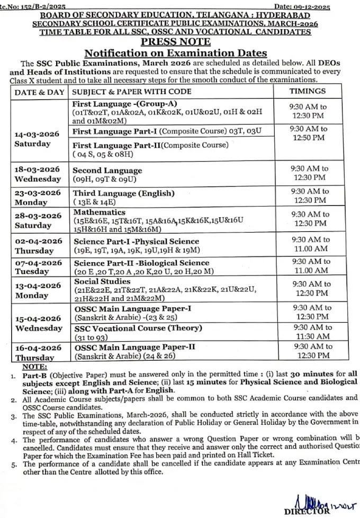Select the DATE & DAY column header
click(40, 92)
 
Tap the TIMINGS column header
click(307, 91)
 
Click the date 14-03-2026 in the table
click(37, 134)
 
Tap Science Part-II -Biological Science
click(141, 263)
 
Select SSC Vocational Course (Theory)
click(137, 328)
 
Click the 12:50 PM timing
click(309, 138)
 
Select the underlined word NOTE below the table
click(35, 367)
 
